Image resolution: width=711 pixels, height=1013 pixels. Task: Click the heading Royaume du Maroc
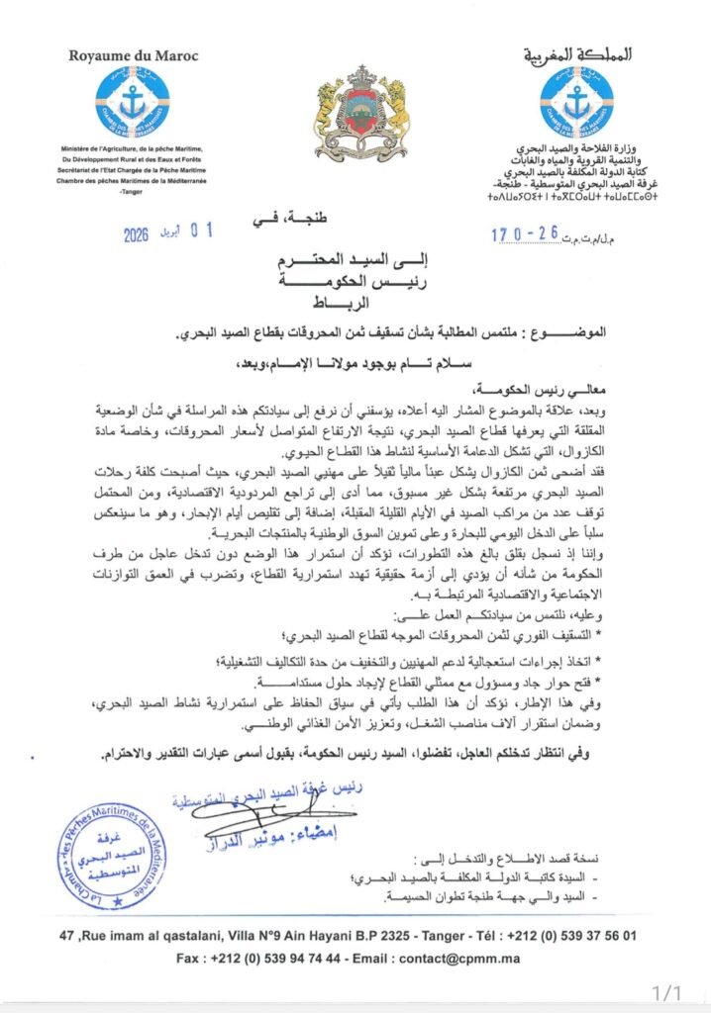click(x=133, y=55)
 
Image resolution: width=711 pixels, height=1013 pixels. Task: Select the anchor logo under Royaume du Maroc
click(x=134, y=104)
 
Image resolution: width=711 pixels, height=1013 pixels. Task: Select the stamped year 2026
click(x=144, y=235)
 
